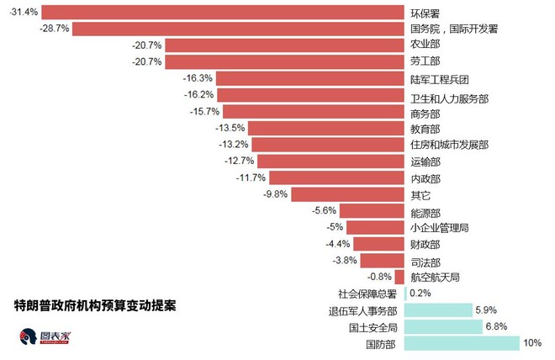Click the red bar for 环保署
click(223, 12)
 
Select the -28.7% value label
click(55, 29)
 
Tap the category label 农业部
click(425, 45)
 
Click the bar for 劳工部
click(285, 61)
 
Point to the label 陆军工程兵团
click(439, 79)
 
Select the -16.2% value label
click(198, 95)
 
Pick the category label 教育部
click(425, 129)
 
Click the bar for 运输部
click(330, 161)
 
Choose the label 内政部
click(425, 178)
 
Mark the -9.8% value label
click(276, 194)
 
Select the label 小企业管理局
click(439, 228)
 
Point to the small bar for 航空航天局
click(400, 277)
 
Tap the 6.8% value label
click(495, 326)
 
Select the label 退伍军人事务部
click(363, 310)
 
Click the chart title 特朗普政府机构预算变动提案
click(95, 303)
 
